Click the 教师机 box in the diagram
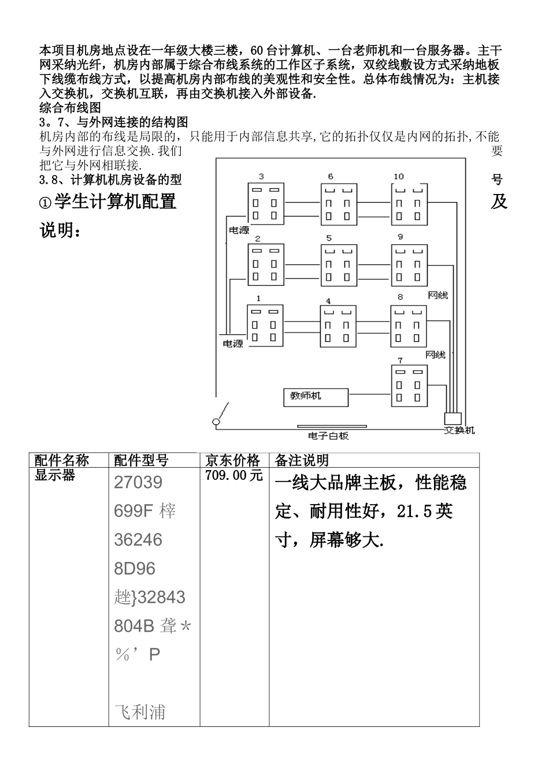point(316,397)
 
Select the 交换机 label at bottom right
point(459,431)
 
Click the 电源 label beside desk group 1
point(233,344)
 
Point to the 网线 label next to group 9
point(437,295)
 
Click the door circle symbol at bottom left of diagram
point(216,423)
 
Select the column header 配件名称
point(62,460)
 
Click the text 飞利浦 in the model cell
point(140,712)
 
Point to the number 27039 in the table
point(138,482)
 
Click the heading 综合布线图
point(70,107)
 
